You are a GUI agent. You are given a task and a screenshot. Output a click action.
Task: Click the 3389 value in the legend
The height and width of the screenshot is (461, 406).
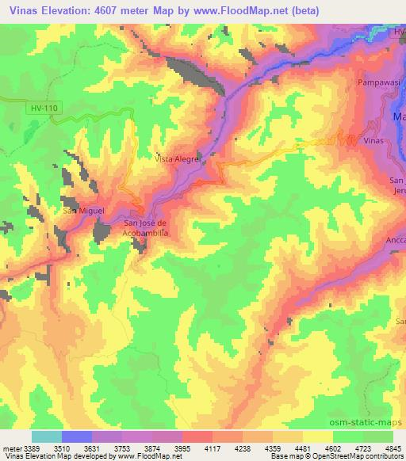point(24,448)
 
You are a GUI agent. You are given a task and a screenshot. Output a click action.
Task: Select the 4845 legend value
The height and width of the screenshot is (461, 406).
point(393,448)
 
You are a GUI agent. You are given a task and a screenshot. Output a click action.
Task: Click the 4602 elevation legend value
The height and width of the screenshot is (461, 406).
point(333,448)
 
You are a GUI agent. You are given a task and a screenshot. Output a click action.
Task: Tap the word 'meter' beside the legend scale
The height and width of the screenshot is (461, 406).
point(7,448)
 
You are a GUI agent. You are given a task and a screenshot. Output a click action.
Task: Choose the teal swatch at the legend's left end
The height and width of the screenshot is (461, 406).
point(47,436)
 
